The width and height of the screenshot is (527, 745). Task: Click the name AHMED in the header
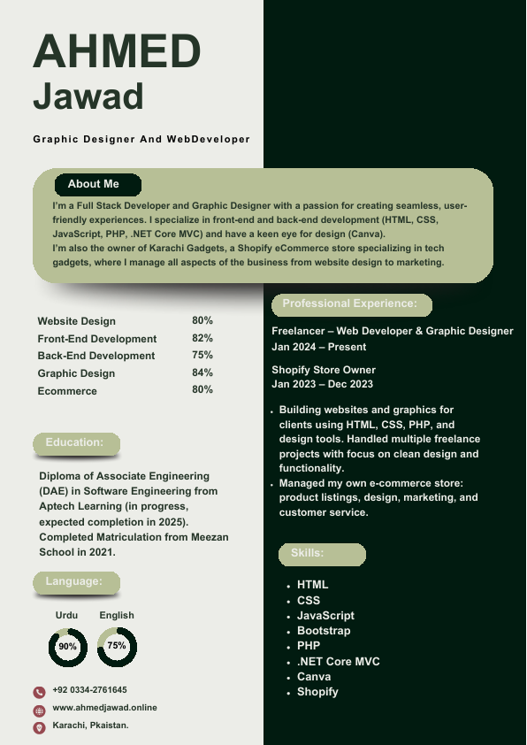tap(117, 50)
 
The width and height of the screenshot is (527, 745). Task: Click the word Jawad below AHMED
tap(88, 96)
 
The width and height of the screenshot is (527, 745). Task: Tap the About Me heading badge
tap(94, 184)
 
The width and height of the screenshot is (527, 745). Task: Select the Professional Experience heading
tap(350, 304)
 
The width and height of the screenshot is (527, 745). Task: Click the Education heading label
tap(75, 442)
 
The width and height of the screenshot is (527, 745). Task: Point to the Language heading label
tap(74, 581)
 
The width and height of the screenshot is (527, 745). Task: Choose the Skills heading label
tap(308, 554)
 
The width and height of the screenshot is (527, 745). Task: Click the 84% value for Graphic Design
tap(202, 373)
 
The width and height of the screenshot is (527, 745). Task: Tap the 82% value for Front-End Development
tap(202, 338)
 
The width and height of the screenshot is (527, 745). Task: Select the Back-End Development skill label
tap(96, 356)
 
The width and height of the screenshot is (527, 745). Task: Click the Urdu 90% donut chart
tap(68, 647)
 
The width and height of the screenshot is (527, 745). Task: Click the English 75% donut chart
tap(117, 647)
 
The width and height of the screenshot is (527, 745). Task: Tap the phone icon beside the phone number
tap(39, 692)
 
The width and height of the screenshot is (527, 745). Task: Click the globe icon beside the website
tap(39, 710)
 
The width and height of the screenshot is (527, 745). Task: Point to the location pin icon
tap(39, 727)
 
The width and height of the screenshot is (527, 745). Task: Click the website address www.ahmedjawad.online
tap(105, 708)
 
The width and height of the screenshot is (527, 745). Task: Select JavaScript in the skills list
tap(325, 616)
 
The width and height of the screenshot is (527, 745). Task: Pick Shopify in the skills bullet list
tap(317, 692)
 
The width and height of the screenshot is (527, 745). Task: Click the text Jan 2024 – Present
tap(319, 348)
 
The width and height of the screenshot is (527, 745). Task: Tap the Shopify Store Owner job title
tap(324, 370)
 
